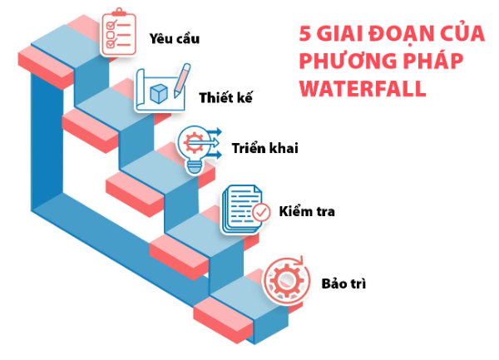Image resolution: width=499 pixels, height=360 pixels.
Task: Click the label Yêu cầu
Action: tap(175, 38)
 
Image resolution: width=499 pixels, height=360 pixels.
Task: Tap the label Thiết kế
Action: tap(225, 97)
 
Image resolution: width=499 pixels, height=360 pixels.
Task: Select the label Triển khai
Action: tap(265, 148)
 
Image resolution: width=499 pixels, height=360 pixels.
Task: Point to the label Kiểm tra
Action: tap(307, 211)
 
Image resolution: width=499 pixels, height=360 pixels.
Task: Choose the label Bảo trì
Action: tap(343, 284)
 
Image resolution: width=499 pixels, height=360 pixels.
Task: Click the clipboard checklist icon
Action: tap(118, 32)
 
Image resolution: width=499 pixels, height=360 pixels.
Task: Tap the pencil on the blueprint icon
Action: tap(182, 81)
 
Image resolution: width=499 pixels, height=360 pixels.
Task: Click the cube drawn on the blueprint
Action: tap(159, 93)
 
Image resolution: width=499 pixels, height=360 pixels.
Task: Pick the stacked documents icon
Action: tap(243, 210)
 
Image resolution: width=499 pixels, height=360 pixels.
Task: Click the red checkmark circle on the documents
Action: tap(261, 213)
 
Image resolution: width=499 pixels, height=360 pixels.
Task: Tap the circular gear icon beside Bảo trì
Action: tap(286, 281)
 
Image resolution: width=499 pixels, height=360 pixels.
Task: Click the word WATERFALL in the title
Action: tap(363, 88)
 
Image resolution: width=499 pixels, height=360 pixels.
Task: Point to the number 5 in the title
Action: tap(305, 33)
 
